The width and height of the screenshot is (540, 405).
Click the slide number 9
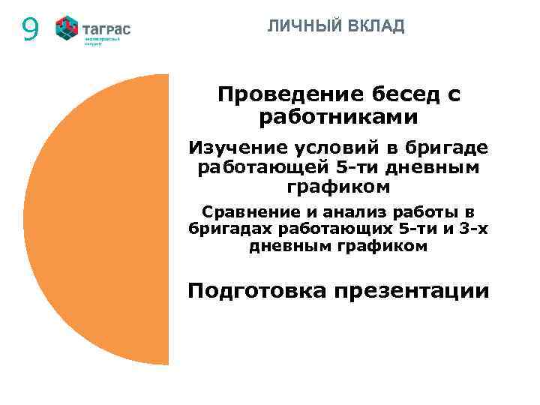(x=30, y=29)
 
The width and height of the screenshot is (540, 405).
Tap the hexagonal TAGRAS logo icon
(x=67, y=28)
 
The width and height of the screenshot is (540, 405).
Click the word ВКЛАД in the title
(x=376, y=26)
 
